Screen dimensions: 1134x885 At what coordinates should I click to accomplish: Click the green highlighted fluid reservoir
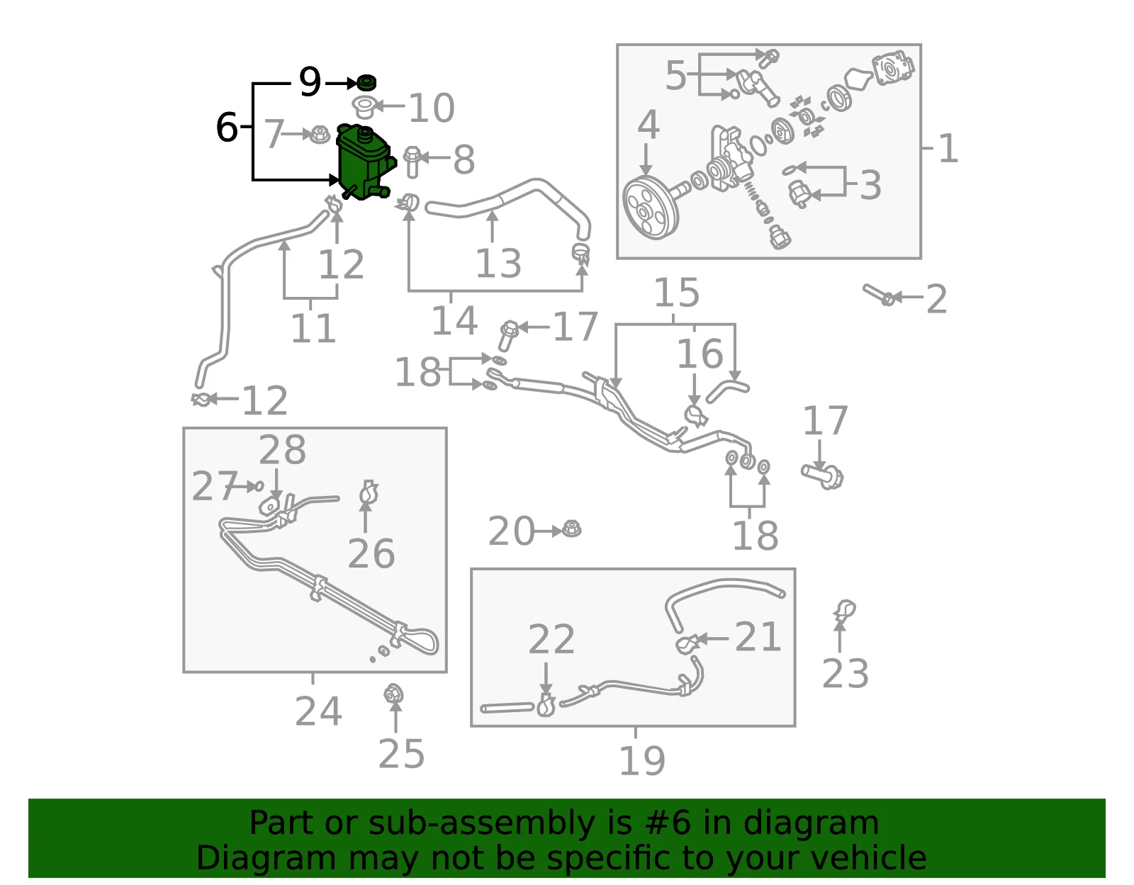pyautogui.click(x=364, y=162)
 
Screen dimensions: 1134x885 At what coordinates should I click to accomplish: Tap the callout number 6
pyautogui.click(x=227, y=128)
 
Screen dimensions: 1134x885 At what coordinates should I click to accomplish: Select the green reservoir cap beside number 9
pyautogui.click(x=366, y=82)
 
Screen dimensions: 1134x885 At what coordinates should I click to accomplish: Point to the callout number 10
pyautogui.click(x=432, y=108)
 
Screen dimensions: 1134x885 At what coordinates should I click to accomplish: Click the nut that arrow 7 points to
pyautogui.click(x=320, y=135)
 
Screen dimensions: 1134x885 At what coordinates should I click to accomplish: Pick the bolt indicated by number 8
pyautogui.click(x=412, y=162)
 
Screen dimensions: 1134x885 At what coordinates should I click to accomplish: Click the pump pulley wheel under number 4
pyautogui.click(x=651, y=208)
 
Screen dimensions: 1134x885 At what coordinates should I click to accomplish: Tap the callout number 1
pyautogui.click(x=948, y=149)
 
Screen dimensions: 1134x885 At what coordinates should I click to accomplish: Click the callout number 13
pyautogui.click(x=498, y=264)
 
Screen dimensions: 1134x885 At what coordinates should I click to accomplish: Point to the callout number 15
pyautogui.click(x=676, y=293)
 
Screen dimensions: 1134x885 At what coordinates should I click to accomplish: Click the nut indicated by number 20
pyautogui.click(x=571, y=529)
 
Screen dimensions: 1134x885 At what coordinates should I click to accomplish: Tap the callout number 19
pyautogui.click(x=642, y=761)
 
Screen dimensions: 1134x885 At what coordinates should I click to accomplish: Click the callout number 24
pyautogui.click(x=318, y=711)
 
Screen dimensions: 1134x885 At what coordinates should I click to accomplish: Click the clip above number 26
pyautogui.click(x=369, y=492)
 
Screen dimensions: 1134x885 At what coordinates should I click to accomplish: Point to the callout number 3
pyautogui.click(x=870, y=185)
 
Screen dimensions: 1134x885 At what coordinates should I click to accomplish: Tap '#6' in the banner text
pyautogui.click(x=668, y=823)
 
